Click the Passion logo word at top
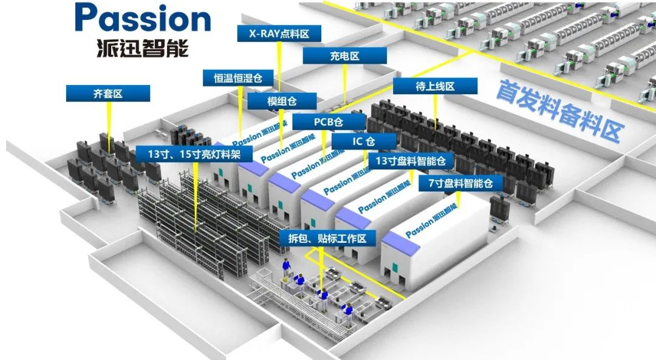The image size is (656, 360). [143, 19]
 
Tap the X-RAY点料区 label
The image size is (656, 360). [279, 33]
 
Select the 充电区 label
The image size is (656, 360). [345, 56]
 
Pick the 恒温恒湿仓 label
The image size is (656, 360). [237, 78]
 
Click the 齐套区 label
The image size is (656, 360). [108, 93]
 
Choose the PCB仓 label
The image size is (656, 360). [328, 121]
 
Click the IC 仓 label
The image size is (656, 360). [364, 141]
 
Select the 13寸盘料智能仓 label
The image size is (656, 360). [411, 161]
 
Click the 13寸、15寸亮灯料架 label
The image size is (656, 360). [194, 154]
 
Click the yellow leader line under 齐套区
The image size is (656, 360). [109, 124]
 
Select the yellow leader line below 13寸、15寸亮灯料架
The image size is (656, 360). [195, 194]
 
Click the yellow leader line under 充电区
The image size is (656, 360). [345, 82]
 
